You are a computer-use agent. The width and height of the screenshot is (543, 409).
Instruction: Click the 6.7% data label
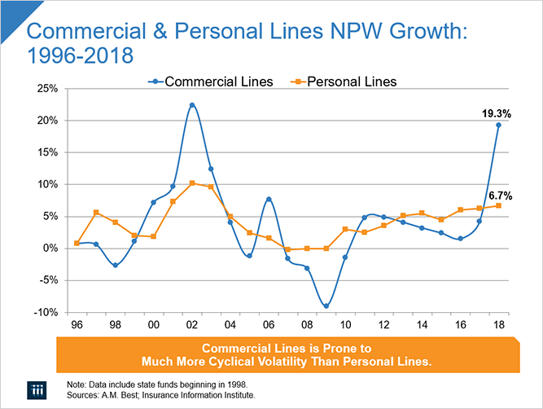498,196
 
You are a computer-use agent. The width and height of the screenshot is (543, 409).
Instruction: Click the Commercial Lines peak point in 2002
192,105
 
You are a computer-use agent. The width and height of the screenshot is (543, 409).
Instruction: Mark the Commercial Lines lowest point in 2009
326,306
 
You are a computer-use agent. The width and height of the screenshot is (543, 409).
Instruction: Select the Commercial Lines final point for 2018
498,125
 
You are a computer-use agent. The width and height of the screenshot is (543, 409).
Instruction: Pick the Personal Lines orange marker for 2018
498,205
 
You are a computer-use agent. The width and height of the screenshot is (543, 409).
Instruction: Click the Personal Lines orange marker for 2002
192,183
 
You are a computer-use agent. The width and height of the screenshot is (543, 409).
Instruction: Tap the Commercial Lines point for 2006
269,199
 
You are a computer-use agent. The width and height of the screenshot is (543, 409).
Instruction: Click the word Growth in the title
383,33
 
